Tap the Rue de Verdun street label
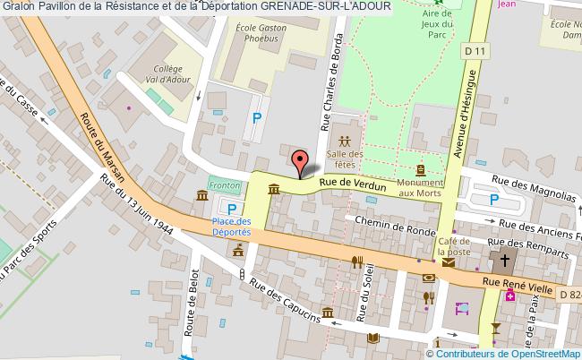(x=355, y=184)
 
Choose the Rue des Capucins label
(x=287, y=304)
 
